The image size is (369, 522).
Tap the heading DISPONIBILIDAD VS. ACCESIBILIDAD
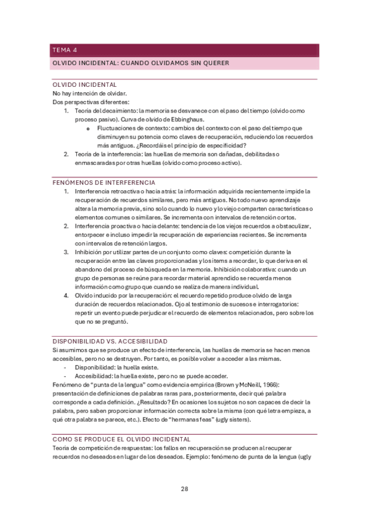tap(110, 341)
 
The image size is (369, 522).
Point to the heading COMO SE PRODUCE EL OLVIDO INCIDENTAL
tap(121, 439)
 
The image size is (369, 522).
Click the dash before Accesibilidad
tap(66, 375)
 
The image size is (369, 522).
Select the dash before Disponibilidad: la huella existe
tap(66, 367)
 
